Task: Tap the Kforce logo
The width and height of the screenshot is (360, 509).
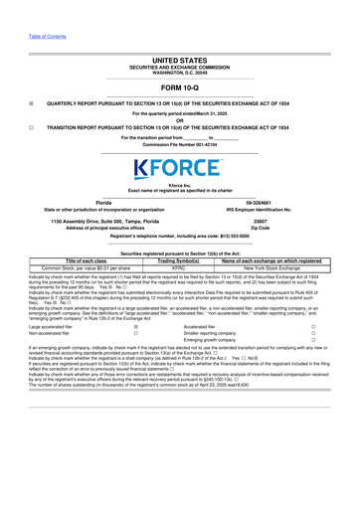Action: (x=180, y=165)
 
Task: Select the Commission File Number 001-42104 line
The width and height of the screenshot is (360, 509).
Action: (x=179, y=145)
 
